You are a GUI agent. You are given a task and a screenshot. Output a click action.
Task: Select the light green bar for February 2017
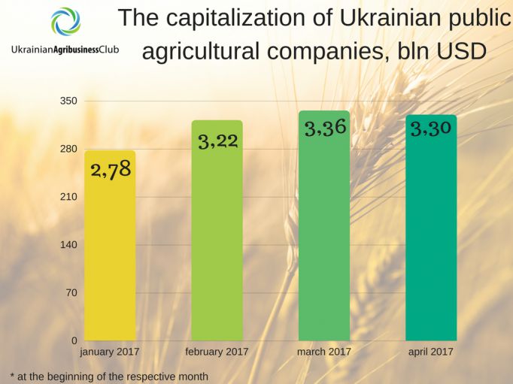pos(217,240)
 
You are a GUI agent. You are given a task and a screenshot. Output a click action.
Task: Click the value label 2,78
pos(111,169)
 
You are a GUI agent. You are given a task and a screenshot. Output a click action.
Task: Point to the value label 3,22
pos(218,140)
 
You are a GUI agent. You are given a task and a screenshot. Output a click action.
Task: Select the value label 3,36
pos(325,128)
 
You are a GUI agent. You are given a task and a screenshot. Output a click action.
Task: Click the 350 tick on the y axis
pos(68,101)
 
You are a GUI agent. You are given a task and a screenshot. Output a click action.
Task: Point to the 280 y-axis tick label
pos(68,149)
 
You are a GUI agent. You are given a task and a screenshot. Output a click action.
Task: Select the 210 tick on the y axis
pos(68,197)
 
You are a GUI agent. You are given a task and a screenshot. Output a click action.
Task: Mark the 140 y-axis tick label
pos(68,245)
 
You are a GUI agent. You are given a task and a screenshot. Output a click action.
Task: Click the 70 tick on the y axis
pos(71,293)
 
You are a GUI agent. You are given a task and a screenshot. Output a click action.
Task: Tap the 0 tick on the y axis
pos(74,341)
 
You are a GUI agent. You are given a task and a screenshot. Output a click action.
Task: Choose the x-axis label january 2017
pos(110,352)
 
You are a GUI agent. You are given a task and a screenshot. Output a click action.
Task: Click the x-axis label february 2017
pos(217,352)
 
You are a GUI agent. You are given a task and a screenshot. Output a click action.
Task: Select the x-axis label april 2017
pos(431,352)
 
